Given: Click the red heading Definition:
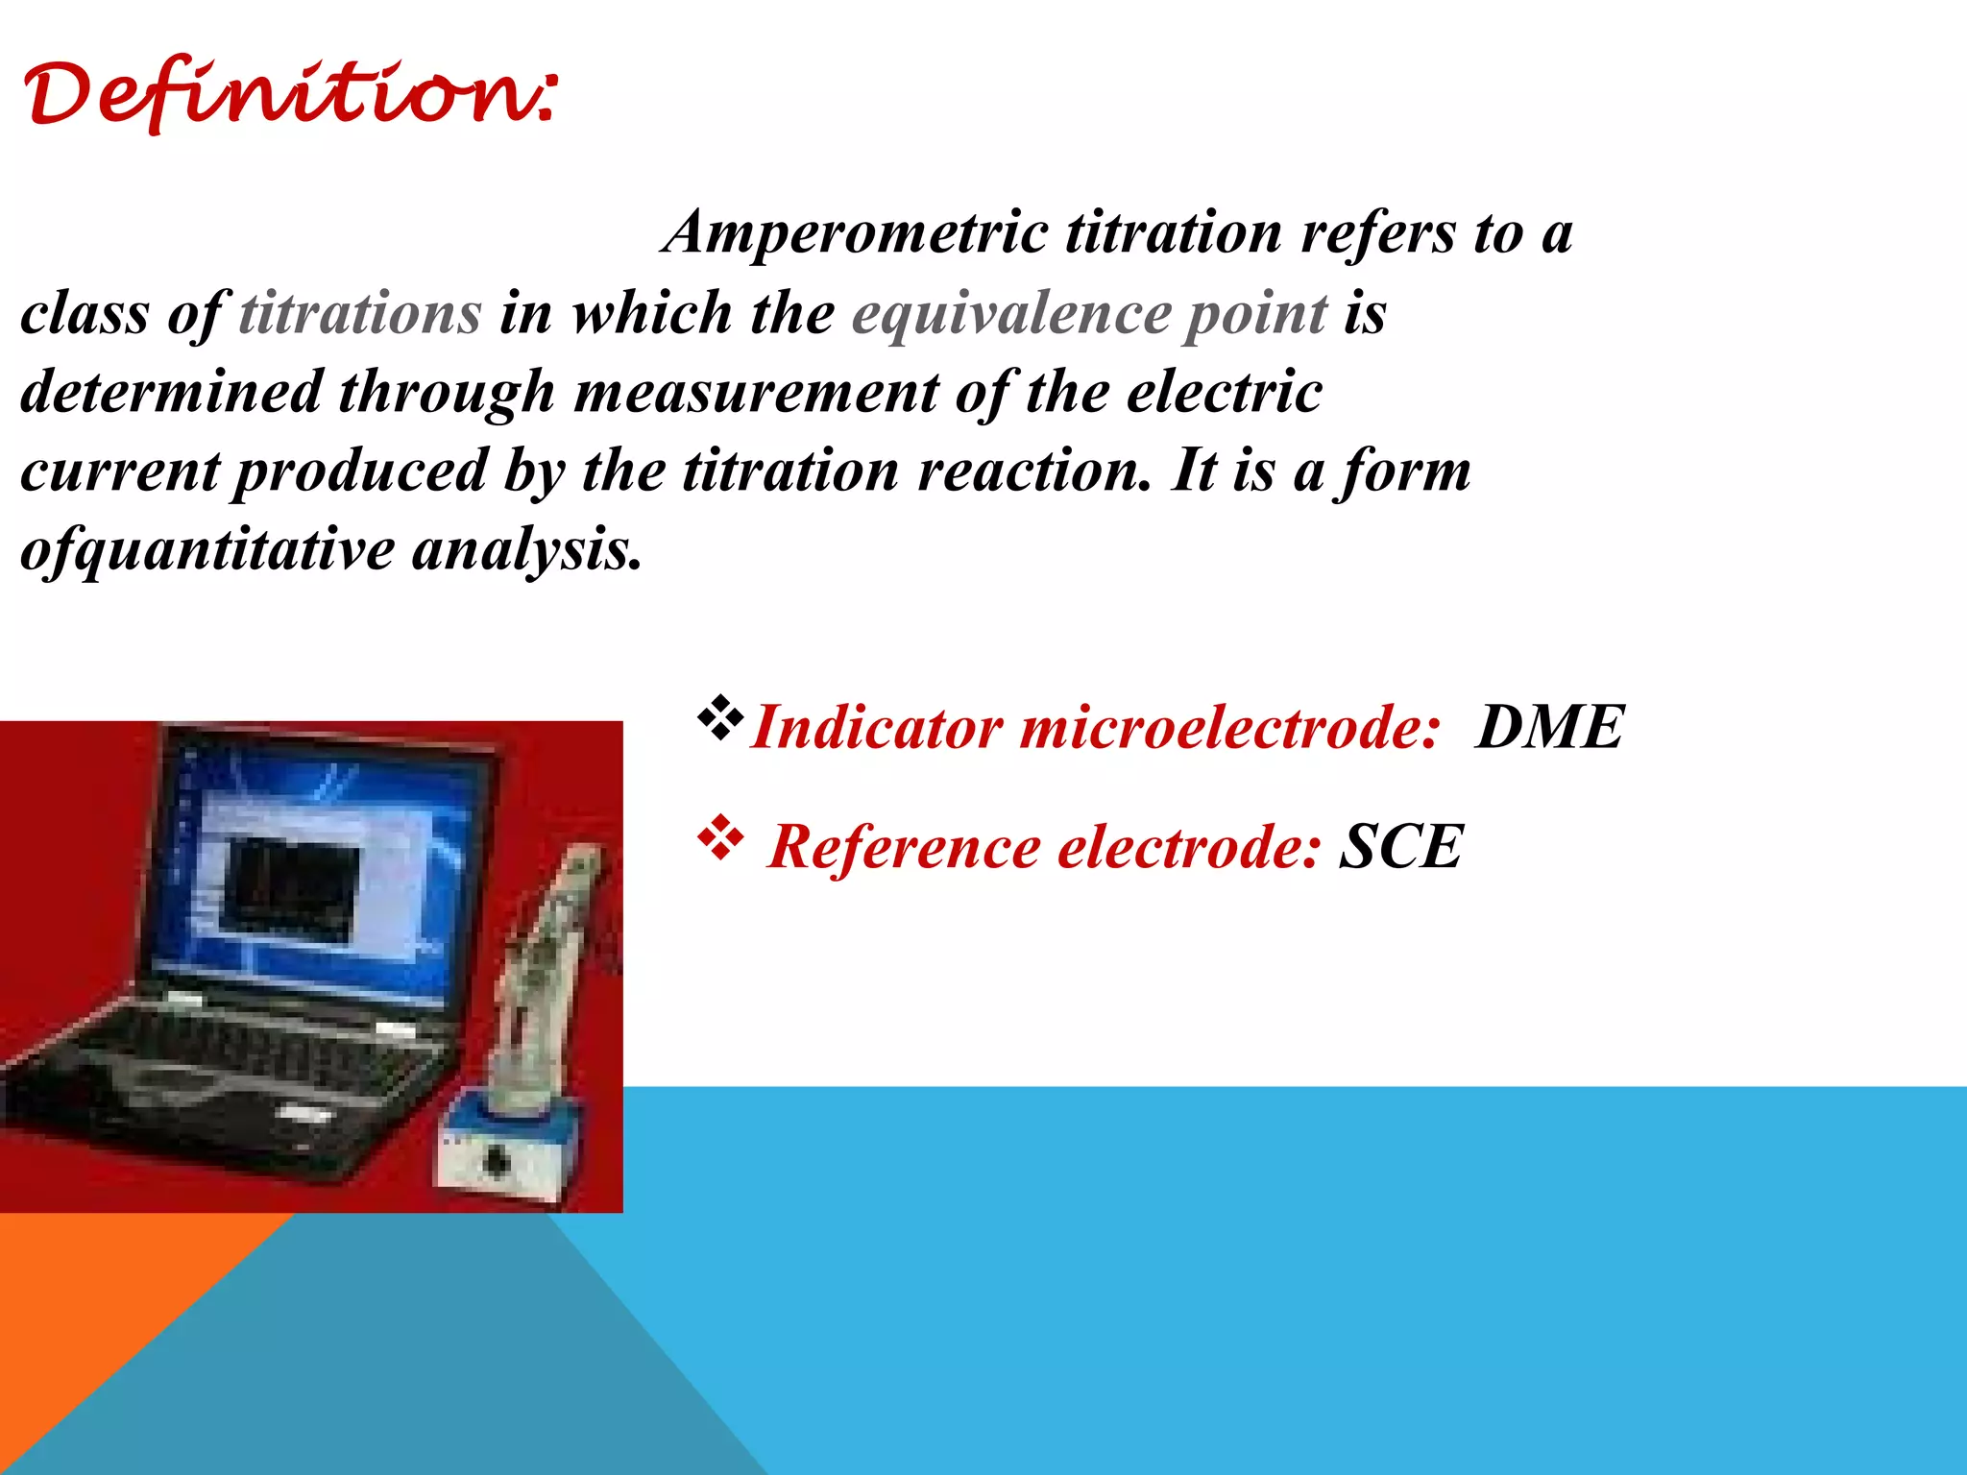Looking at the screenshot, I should [x=288, y=96].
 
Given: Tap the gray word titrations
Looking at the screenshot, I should [x=360, y=314].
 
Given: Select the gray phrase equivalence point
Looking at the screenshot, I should [x=1089, y=314].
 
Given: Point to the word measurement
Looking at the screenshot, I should [x=757, y=393].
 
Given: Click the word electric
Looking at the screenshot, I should [x=1224, y=393].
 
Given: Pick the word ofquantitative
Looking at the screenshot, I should [x=206, y=551].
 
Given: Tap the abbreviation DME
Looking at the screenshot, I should [x=1549, y=727].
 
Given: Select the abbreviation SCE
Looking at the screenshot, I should [x=1401, y=847].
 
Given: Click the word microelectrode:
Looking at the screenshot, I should [x=1229, y=727].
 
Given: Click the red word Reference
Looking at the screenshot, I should [x=904, y=847].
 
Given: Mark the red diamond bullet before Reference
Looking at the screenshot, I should [x=720, y=839].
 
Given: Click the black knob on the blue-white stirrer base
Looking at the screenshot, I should [x=496, y=1161].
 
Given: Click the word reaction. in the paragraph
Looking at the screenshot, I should [x=1033, y=472].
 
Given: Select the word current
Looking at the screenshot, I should [x=120, y=472].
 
